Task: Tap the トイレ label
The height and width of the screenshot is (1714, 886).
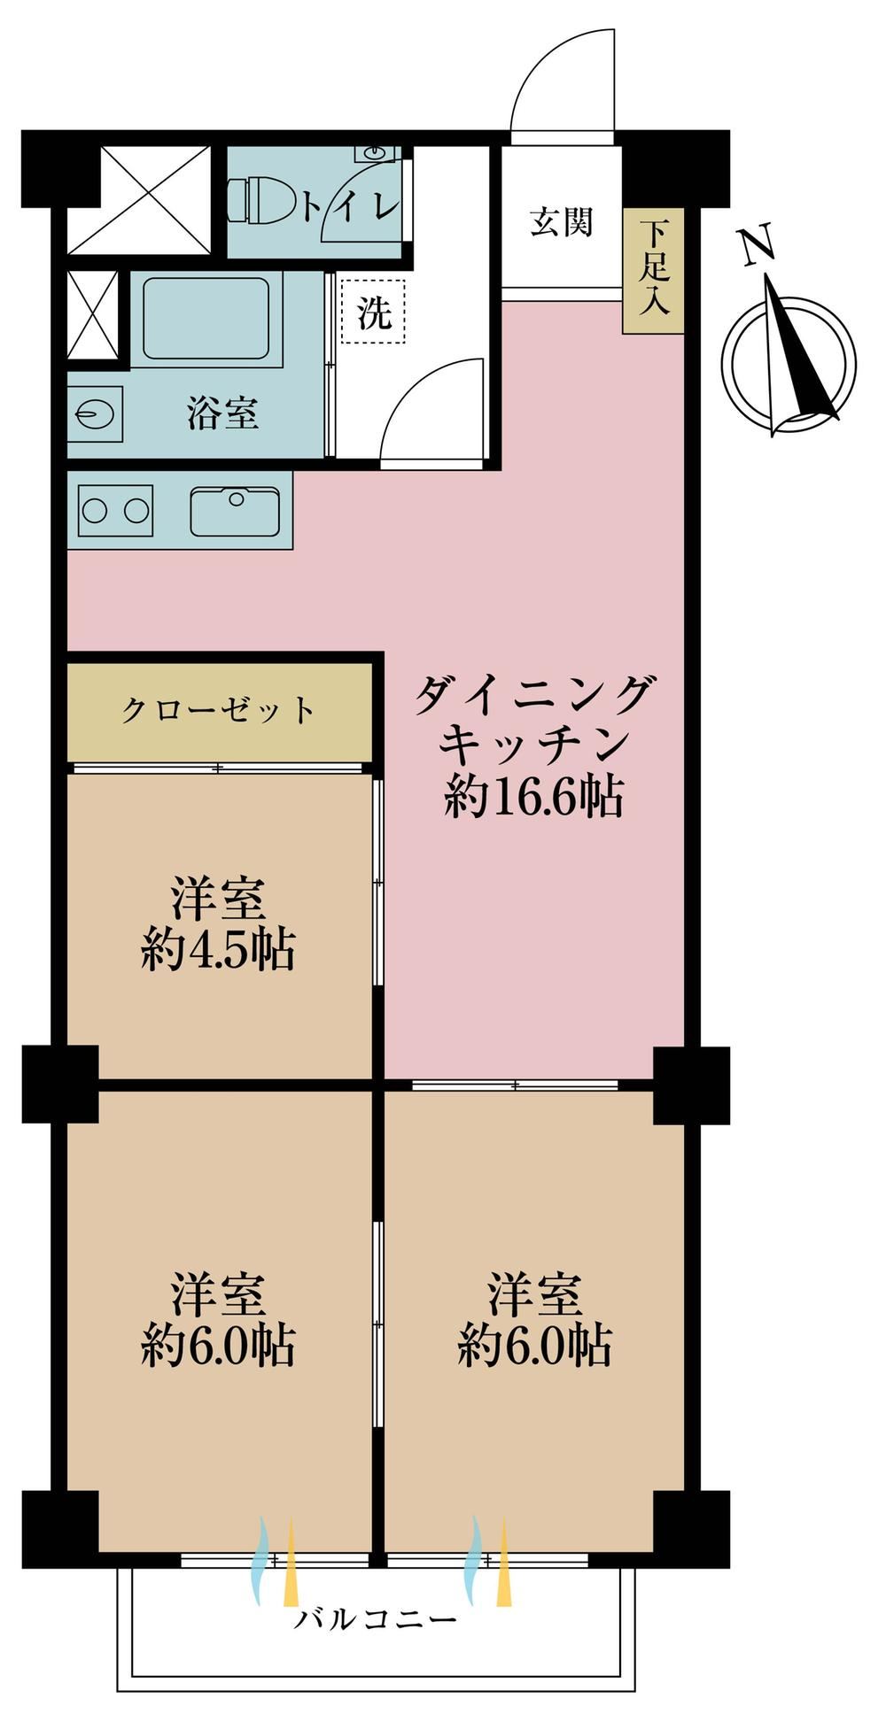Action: (350, 205)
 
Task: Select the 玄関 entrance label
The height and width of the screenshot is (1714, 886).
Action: (561, 221)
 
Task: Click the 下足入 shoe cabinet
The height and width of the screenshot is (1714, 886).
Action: (654, 272)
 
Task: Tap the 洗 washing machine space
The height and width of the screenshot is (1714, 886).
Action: (374, 312)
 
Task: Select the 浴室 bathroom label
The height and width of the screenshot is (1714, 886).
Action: (222, 413)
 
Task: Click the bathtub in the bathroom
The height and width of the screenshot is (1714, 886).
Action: (206, 319)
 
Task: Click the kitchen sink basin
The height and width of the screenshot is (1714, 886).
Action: (235, 511)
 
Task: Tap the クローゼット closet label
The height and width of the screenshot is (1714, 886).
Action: (218, 710)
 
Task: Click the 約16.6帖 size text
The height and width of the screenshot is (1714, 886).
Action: (534, 797)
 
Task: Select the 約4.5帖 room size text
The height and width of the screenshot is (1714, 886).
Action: (218, 952)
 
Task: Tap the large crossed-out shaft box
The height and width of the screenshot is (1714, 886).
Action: (140, 201)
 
